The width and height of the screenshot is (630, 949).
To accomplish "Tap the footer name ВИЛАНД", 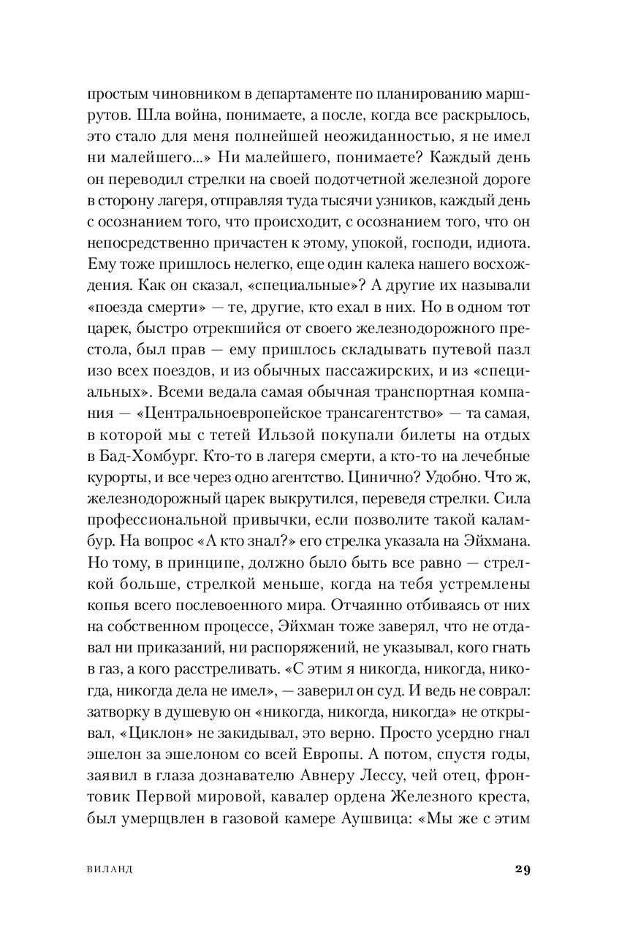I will pyautogui.click(x=109, y=870).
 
